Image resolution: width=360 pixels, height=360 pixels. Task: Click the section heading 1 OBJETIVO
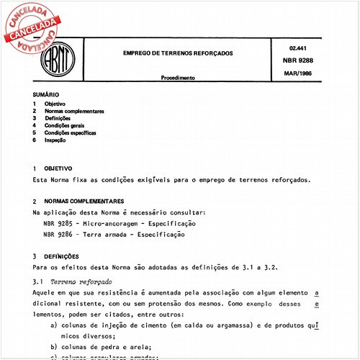pos(55,168)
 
